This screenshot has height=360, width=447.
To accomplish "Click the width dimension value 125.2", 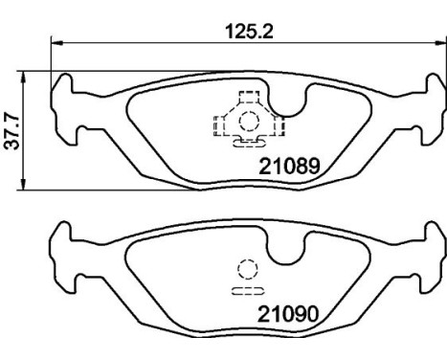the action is (249, 32).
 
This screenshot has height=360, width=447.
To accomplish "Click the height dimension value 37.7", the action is (11, 131).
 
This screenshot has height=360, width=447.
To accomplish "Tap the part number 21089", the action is (289, 167).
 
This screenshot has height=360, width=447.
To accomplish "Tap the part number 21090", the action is (288, 314).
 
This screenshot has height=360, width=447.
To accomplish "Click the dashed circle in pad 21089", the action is (249, 122).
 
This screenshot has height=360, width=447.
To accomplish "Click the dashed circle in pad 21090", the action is (248, 269).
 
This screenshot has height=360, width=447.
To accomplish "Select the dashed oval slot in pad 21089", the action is (250, 144).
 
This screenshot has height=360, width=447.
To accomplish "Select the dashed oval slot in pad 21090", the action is (248, 291).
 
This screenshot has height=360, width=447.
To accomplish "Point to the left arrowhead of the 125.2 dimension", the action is (56, 42).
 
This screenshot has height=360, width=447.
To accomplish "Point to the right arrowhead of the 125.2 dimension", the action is (440, 42).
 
